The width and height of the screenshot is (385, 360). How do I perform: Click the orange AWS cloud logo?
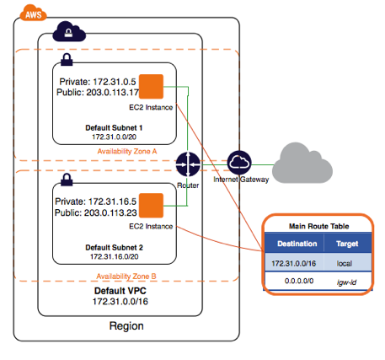[x=33, y=13]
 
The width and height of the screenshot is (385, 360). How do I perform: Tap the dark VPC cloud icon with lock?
[x=69, y=31]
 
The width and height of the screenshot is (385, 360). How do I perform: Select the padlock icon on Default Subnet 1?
[x=67, y=60]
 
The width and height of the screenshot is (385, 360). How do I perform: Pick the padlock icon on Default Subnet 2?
[x=67, y=180]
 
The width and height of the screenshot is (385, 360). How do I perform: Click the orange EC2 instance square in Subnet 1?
[x=151, y=87]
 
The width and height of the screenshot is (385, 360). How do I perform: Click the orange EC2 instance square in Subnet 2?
[x=151, y=206]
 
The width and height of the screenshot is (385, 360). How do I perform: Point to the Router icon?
[x=188, y=164]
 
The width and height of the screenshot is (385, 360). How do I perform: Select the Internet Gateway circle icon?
[x=239, y=163]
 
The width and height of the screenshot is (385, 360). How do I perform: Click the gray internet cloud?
[x=302, y=163]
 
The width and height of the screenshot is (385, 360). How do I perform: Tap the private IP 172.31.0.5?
[x=115, y=82]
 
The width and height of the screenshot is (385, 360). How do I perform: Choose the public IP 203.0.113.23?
[x=110, y=212]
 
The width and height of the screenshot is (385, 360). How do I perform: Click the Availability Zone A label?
[x=127, y=152]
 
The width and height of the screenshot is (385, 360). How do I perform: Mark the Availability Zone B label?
[x=126, y=277]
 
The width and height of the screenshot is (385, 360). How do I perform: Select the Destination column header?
[x=297, y=244]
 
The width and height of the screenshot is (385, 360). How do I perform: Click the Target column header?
[x=347, y=244]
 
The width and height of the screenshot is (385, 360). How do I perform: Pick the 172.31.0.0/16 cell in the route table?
[x=294, y=263]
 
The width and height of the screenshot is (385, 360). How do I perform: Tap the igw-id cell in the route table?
[x=346, y=282]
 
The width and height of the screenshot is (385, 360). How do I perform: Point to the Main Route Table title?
[x=319, y=226]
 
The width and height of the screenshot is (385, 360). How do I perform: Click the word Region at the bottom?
[x=126, y=326]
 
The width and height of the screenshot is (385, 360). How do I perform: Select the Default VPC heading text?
[x=120, y=291]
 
